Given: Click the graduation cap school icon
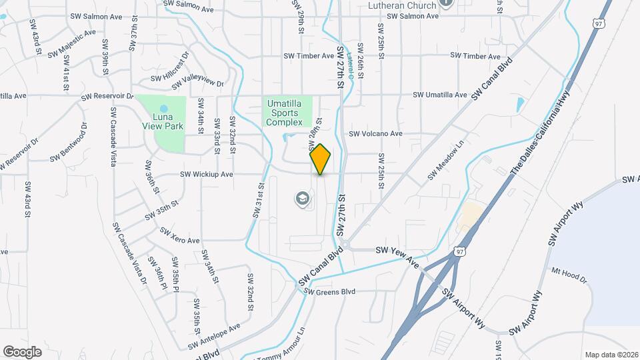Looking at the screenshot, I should click(x=302, y=198).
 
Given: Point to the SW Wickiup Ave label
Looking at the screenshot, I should click(x=206, y=175).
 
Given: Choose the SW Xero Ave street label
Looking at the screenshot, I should click(x=180, y=235).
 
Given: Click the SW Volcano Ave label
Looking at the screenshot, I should click(x=376, y=133).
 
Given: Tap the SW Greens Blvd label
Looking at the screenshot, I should click(x=330, y=291).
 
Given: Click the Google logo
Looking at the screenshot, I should click(x=22, y=351).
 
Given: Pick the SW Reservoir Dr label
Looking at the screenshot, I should click(x=107, y=97).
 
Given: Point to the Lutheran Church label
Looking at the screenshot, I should click(x=402, y=5).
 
